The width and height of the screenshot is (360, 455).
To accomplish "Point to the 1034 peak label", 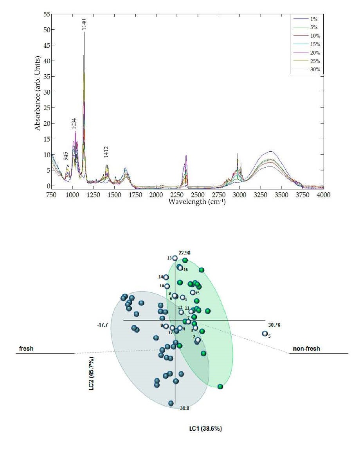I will pyautogui.click(x=74, y=123).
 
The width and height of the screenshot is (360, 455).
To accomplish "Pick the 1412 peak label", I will pyautogui.click(x=106, y=152).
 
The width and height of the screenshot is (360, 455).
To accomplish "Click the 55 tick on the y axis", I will pyautogui.click(x=46, y=14).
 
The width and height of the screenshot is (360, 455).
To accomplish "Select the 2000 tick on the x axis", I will pyautogui.click(x=156, y=194).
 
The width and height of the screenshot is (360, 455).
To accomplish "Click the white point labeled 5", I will pyautogui.click(x=265, y=333).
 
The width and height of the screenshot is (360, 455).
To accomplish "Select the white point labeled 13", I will pyautogui.click(x=175, y=258).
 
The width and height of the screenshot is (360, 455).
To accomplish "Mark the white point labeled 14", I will pyautogui.click(x=166, y=278).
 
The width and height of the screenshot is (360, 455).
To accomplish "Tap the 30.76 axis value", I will pyautogui.click(x=274, y=325).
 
